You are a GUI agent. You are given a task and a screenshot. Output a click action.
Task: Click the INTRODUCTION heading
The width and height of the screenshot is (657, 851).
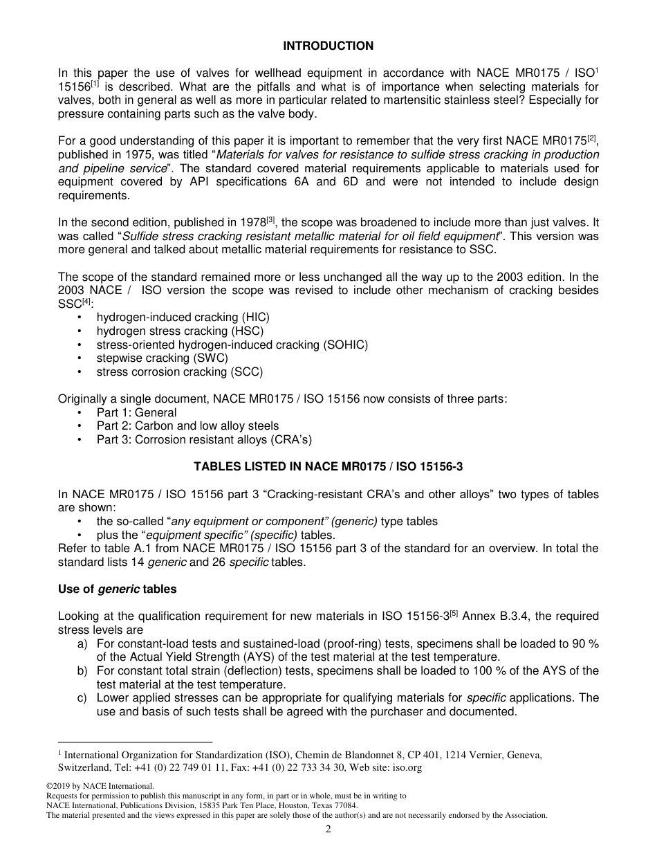click(x=328, y=46)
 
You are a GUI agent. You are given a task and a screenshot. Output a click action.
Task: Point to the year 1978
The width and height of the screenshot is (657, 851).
click(x=253, y=222)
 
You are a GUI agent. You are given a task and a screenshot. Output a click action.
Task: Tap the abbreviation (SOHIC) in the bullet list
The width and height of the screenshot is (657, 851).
click(x=345, y=345)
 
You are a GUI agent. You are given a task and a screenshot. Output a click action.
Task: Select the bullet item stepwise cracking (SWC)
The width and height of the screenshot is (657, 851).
click(x=162, y=358)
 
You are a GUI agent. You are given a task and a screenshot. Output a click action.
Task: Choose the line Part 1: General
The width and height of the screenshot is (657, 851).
click(x=136, y=412)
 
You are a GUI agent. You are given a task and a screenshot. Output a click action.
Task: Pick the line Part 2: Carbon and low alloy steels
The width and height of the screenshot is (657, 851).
click(x=187, y=425)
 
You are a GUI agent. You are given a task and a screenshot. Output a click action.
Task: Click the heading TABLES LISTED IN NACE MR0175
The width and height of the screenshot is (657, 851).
click(x=328, y=466)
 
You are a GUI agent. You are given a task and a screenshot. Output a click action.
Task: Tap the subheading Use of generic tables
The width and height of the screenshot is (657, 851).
click(x=117, y=589)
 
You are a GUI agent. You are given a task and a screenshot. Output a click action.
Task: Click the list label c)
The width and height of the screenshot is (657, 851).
click(x=82, y=697)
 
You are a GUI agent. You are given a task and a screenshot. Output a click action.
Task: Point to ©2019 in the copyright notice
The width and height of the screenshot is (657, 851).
click(x=57, y=786)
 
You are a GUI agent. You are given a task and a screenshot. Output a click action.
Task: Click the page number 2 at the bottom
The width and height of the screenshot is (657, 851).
click(x=328, y=830)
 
